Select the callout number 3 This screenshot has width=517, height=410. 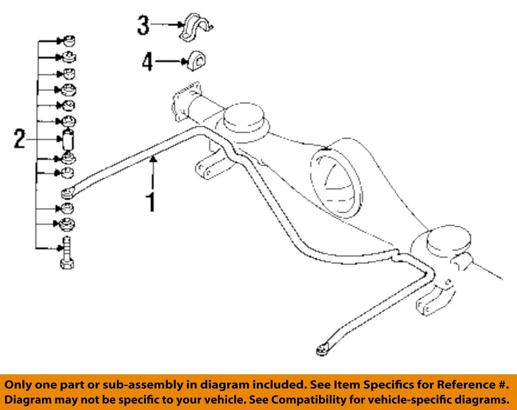pos(143,25)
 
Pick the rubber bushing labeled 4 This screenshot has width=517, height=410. pos(198,61)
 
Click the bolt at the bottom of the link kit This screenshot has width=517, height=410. pos(67,253)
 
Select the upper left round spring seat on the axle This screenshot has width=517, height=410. pos(244,118)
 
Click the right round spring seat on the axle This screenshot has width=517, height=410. pos(449,241)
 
